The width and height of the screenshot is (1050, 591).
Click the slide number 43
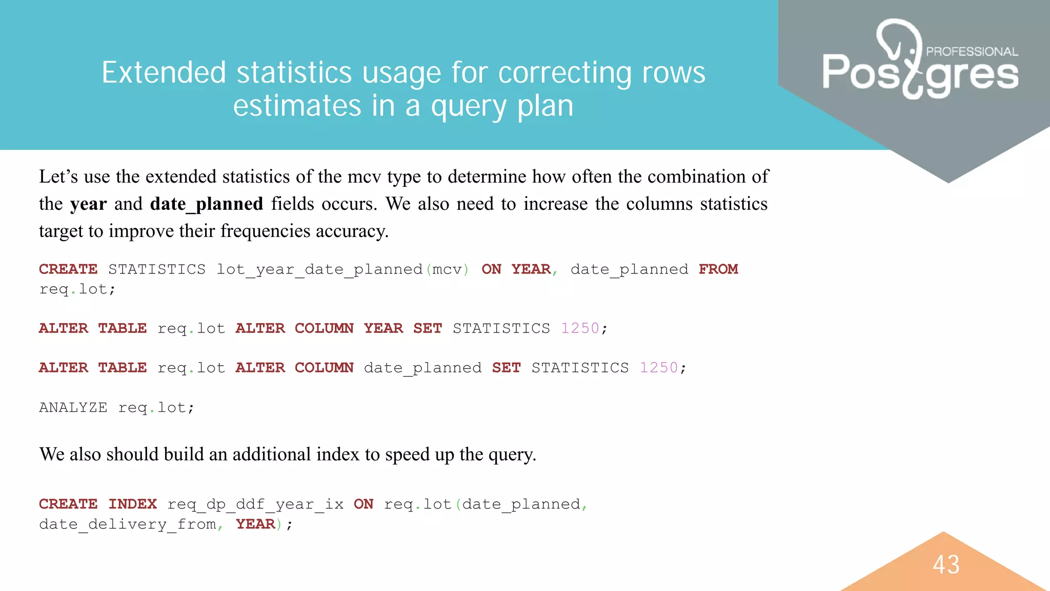point(946,565)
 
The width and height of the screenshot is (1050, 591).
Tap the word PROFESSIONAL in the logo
point(972,52)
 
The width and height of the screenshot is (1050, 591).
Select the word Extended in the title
point(164,72)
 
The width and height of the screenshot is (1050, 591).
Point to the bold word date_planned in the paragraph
point(207,204)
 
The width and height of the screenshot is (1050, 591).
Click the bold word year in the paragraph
point(88,204)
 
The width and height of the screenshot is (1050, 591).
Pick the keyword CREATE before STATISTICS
point(68,269)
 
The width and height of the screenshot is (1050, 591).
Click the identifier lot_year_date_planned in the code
point(319,269)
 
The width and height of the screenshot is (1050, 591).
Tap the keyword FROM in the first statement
point(718,269)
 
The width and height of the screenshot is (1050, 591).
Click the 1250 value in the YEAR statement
point(580,328)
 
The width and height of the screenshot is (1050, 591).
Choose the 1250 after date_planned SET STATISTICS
point(659,368)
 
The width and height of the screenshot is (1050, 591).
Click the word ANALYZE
point(73,408)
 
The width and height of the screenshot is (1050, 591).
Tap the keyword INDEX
point(132,504)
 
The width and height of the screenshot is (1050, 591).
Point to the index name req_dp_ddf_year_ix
point(255,504)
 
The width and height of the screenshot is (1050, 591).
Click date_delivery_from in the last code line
point(128,524)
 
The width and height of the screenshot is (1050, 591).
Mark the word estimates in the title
point(297,106)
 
